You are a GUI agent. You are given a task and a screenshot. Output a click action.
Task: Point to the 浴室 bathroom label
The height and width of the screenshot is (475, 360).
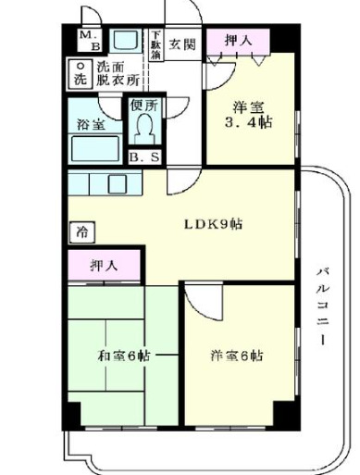tap(88, 123)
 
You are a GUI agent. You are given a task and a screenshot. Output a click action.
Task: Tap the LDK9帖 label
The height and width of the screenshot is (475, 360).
tap(214, 224)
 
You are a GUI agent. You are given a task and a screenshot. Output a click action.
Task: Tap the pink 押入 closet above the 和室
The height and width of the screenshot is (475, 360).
tap(104, 266)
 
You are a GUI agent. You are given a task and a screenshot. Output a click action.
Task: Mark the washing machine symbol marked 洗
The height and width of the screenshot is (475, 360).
tap(81, 73)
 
